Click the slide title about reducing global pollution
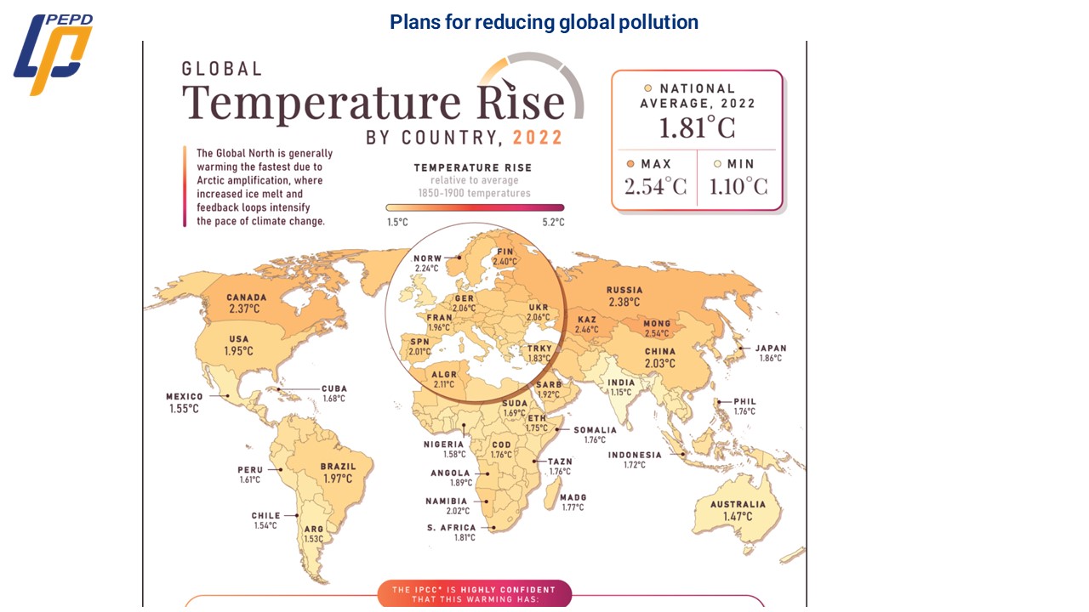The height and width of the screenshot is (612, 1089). [544, 22]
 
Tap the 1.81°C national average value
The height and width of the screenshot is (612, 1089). [696, 127]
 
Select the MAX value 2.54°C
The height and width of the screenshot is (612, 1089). [654, 186]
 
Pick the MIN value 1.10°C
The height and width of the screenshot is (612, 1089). [738, 186]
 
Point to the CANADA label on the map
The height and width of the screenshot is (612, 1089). [246, 297]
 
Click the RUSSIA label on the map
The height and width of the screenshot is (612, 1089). [624, 290]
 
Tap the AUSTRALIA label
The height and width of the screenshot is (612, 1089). [738, 504]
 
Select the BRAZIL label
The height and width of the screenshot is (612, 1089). [338, 467]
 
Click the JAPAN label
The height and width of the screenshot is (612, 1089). [771, 348]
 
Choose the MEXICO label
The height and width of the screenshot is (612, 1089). [185, 396]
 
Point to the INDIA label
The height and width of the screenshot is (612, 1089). [621, 382]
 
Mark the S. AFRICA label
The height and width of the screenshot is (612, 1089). [452, 528]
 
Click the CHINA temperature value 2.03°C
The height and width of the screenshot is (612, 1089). [659, 364]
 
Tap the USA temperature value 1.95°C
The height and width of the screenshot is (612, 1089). [238, 351]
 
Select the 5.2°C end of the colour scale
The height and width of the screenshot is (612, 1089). [553, 222]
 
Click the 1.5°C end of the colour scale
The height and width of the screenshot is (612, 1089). [396, 222]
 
